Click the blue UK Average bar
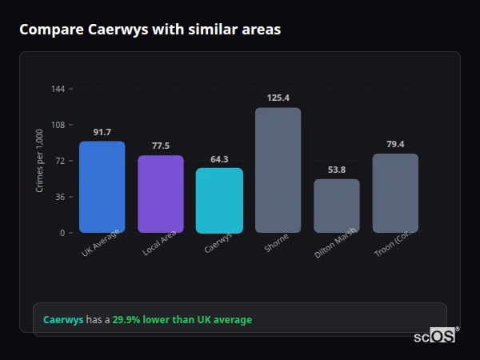(102, 187)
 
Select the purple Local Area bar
(161, 194)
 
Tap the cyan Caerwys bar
(219, 201)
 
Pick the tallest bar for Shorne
(278, 170)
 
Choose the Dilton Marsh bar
(337, 206)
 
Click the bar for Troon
(395, 194)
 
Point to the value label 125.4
(278, 98)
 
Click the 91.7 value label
(102, 132)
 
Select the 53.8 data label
(337, 170)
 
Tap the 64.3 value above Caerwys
(219, 158)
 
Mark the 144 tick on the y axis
(58, 89)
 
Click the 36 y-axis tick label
(60, 197)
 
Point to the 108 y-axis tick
(58, 125)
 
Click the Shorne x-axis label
(277, 243)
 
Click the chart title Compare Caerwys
(150, 30)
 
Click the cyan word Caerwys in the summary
(63, 320)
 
